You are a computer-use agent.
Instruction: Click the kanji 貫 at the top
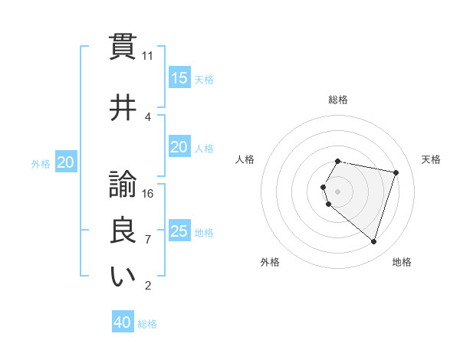pos(123,45)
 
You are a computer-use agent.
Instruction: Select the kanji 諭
pos(123,185)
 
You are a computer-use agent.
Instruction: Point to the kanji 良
pos(123,231)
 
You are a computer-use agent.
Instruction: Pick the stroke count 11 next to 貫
pos(148,56)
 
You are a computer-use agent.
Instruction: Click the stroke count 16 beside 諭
pos(148,193)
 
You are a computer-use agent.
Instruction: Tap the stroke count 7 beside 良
pos(148,240)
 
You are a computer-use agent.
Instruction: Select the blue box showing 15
pos(179,78)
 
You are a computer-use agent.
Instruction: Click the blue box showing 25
pos(179,231)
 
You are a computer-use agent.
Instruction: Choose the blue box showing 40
pos(123,322)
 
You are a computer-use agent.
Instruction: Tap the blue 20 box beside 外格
pos(66,162)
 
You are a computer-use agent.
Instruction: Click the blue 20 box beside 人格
pos(179,147)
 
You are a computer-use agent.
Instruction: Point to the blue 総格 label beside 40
pos(147,324)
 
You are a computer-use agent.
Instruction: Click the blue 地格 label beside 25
pos(204,232)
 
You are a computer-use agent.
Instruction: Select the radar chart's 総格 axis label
pos(337,100)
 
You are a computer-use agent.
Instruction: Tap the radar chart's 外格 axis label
pos(270,262)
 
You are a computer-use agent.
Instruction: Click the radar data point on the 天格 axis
pos(396,173)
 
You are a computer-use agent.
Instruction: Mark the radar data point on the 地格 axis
pos(373,241)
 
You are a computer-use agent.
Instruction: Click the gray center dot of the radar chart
pos(337,191)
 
